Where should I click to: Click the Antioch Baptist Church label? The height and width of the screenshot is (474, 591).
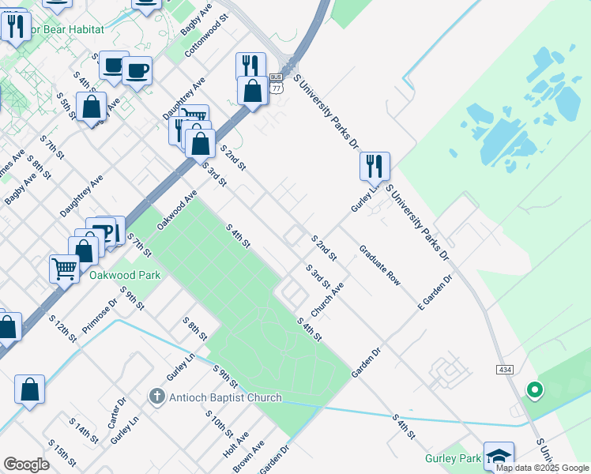[214, 397]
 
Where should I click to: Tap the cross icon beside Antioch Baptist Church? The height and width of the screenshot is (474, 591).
[157, 396]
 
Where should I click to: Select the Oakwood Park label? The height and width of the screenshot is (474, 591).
[125, 275]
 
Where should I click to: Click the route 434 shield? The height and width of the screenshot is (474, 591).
[506, 370]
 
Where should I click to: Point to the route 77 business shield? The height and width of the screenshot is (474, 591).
[276, 83]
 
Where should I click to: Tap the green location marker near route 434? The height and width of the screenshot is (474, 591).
[534, 389]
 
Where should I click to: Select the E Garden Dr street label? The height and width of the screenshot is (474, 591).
[435, 292]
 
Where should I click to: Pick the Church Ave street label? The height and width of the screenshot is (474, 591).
[326, 300]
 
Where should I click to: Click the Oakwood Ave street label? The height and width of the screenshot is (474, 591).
[176, 209]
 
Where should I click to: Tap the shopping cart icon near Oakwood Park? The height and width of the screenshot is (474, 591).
[64, 268]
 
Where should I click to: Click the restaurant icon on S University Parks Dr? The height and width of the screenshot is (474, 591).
[374, 165]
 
